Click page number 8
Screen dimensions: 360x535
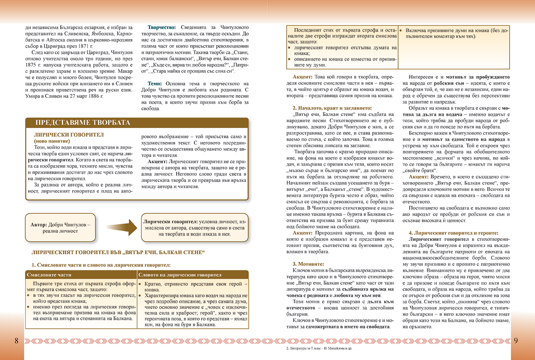coord(16,341)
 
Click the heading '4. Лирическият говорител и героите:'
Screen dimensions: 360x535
coord(453,233)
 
